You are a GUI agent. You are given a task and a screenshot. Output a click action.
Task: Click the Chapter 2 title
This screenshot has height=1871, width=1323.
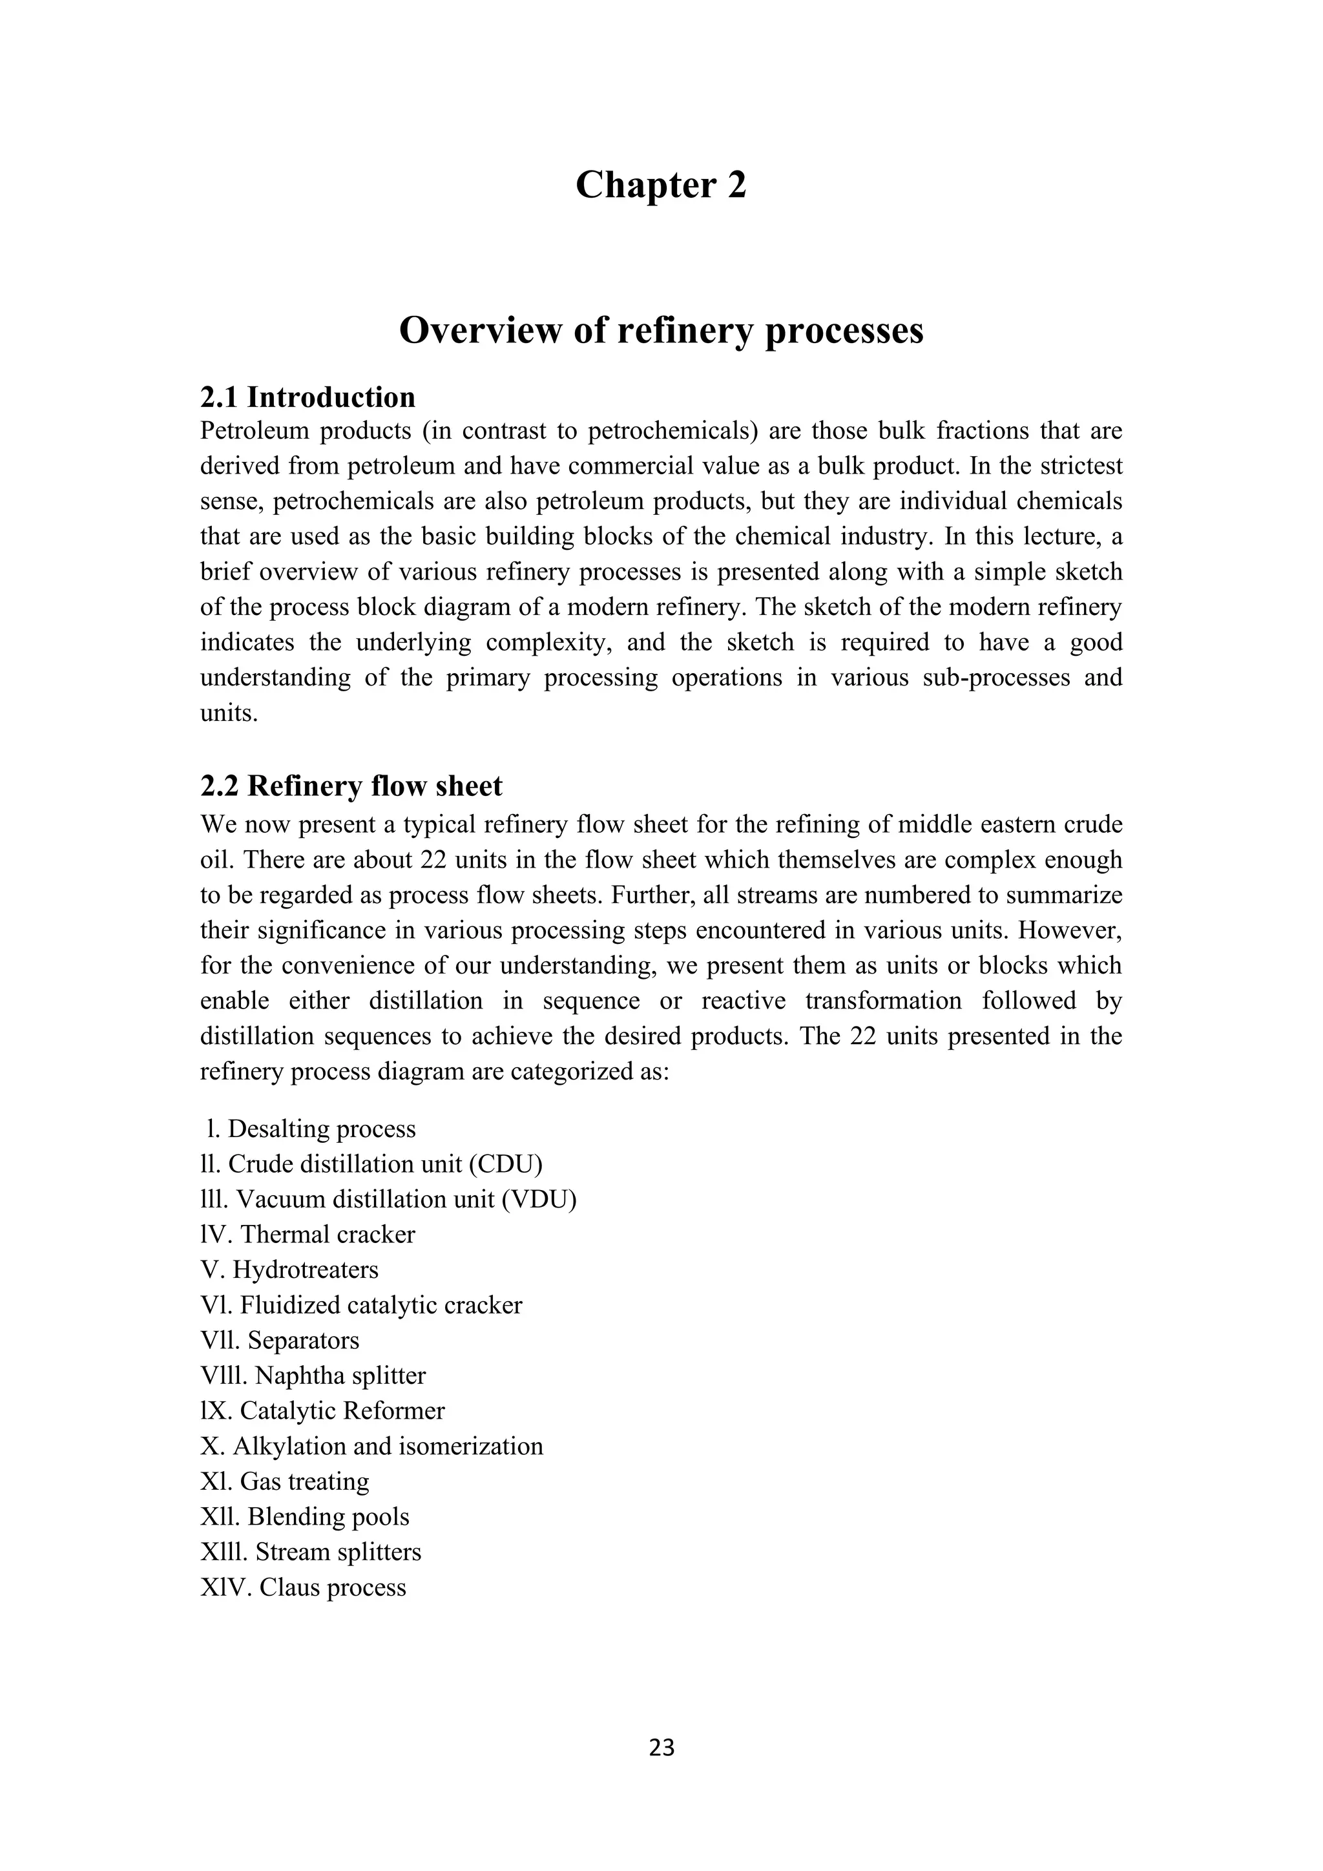click(x=661, y=185)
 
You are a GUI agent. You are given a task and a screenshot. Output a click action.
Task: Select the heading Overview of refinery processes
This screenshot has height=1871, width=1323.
click(x=661, y=331)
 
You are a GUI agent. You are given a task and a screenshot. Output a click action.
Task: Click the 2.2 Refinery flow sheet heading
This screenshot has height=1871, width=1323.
click(x=351, y=786)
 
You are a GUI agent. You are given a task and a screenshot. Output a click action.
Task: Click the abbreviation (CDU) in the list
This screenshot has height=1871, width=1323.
click(x=505, y=1164)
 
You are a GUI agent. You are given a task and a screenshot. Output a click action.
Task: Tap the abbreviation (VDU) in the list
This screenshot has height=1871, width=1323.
click(x=539, y=1200)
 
